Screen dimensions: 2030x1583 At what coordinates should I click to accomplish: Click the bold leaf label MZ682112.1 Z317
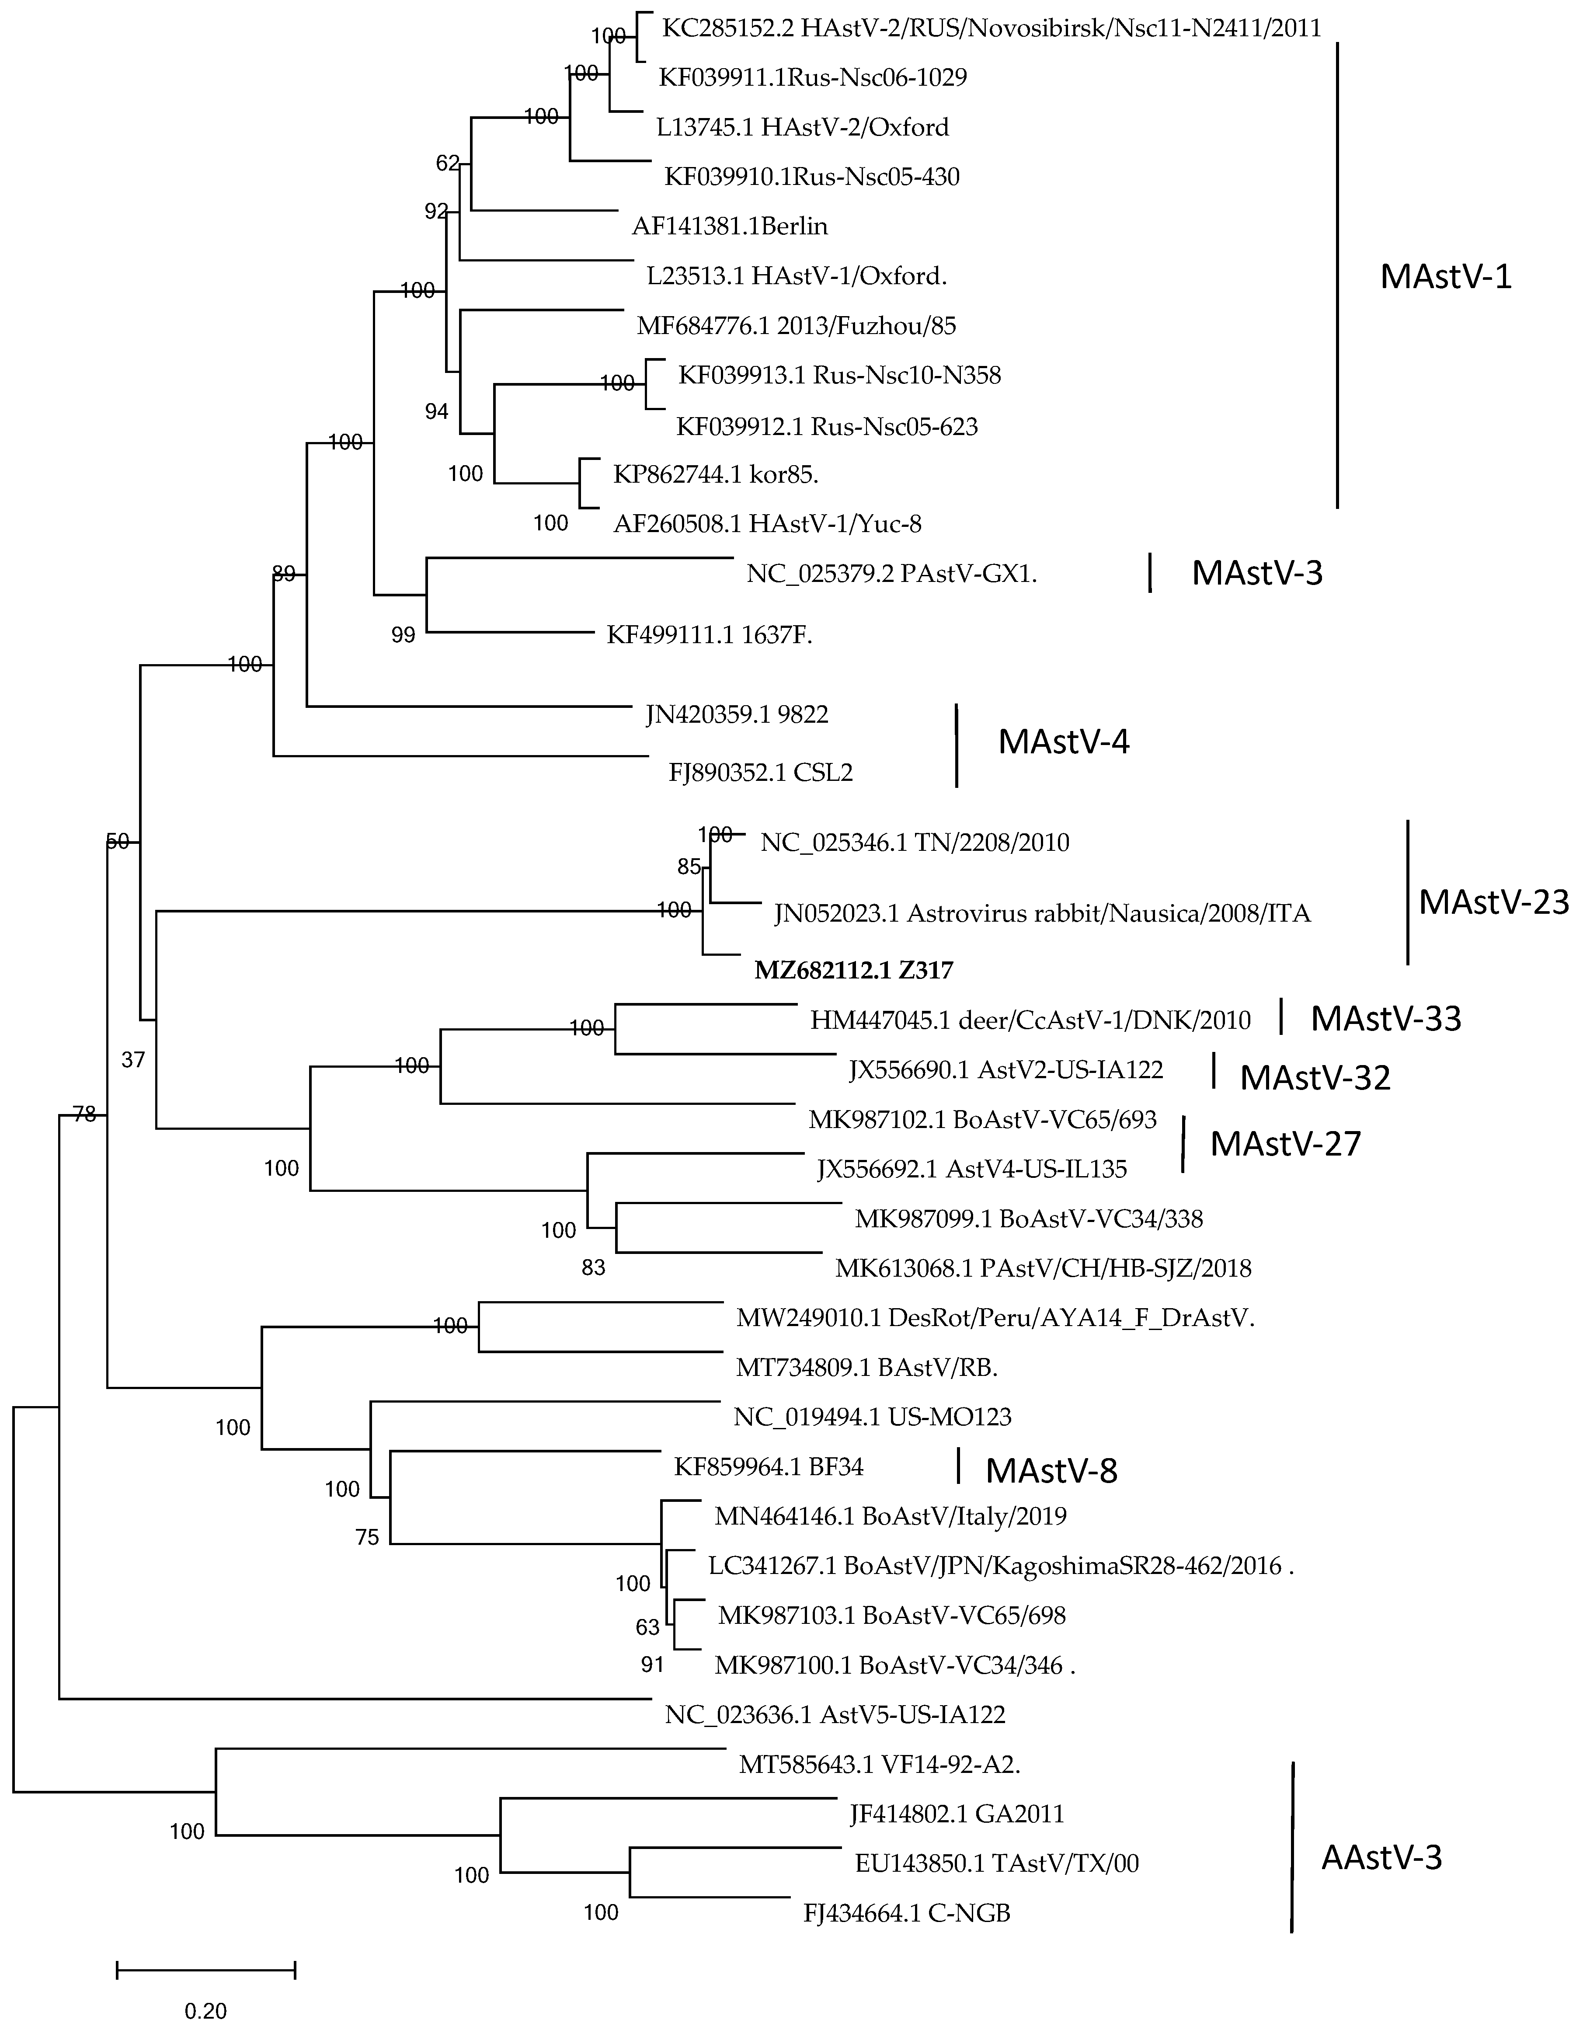(x=853, y=970)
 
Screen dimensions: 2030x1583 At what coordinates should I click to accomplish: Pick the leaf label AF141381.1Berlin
(x=730, y=226)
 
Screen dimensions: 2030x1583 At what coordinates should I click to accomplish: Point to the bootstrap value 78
(x=84, y=1114)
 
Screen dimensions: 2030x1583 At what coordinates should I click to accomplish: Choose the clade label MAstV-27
(x=1284, y=1143)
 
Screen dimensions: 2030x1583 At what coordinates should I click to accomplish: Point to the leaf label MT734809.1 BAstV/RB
(x=866, y=1367)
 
